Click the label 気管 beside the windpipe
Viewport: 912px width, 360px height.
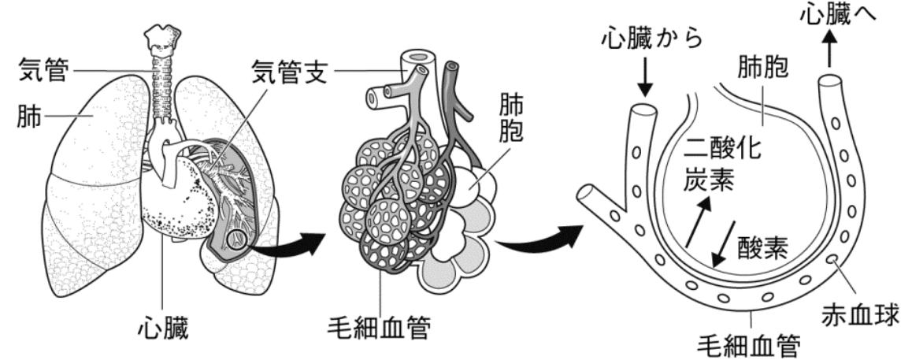(x=43, y=70)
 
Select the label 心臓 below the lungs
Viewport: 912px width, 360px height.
(x=163, y=328)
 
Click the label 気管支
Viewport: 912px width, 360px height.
(x=289, y=72)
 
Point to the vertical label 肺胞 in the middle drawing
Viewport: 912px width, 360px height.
(x=510, y=119)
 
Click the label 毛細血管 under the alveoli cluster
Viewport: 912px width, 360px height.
(x=379, y=329)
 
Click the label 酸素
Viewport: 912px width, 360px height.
(x=762, y=248)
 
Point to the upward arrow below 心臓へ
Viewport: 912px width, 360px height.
(x=829, y=50)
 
